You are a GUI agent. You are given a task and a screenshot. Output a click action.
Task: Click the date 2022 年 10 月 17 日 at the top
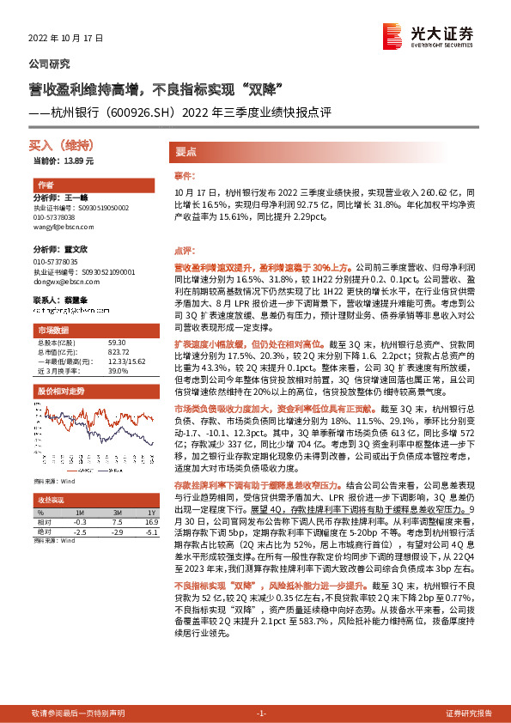pyautogui.click(x=65, y=39)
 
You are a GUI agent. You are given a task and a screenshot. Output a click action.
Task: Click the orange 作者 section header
pyautogui.click(x=46, y=185)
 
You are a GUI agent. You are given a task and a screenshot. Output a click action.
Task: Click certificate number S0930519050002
pyautogui.click(x=94, y=208)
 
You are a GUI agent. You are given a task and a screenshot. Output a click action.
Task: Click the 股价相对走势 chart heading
pyautogui.click(x=60, y=391)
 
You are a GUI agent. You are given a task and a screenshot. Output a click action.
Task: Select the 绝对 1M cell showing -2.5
pyautogui.click(x=81, y=532)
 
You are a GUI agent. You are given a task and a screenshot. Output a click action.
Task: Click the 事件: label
pyautogui.click(x=185, y=174)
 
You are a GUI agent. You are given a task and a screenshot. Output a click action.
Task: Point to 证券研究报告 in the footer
pyautogui.click(x=468, y=714)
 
